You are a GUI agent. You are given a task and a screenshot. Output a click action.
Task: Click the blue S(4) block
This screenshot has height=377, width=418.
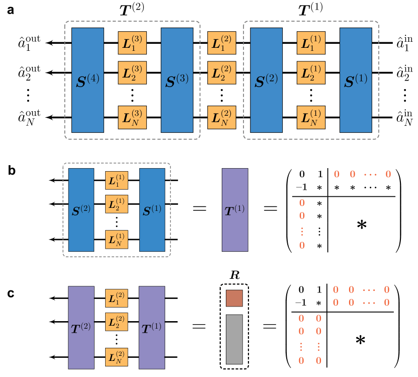(x=88, y=80)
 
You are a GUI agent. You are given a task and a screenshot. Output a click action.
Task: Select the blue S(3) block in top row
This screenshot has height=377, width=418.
(x=177, y=80)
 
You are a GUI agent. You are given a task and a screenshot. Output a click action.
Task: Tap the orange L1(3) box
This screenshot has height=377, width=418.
(x=132, y=43)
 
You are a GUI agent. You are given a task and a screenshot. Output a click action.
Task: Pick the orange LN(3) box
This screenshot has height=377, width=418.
(x=132, y=117)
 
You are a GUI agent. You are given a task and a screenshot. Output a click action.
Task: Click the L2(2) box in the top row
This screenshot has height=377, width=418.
(x=222, y=72)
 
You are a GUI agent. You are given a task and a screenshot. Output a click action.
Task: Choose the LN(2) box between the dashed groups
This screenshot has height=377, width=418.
(x=222, y=117)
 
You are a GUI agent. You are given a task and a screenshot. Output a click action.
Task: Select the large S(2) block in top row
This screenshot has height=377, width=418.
(x=266, y=80)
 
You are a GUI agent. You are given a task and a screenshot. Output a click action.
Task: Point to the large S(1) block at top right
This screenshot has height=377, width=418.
(x=356, y=80)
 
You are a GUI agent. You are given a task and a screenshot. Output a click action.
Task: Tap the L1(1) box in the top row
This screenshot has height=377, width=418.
(x=311, y=43)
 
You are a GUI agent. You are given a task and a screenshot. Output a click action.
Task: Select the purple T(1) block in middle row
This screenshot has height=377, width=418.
(x=235, y=210)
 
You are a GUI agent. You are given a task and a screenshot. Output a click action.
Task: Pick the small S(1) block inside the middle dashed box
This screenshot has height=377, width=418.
(x=152, y=210)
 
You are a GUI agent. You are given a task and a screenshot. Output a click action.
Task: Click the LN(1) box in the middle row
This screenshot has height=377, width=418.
(x=116, y=240)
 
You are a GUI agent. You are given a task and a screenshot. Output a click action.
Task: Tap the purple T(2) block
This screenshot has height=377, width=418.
(x=81, y=328)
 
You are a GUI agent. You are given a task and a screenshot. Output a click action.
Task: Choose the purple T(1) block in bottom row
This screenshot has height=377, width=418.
(x=152, y=328)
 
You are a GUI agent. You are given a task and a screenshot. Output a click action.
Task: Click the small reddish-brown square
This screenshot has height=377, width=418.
(x=234, y=298)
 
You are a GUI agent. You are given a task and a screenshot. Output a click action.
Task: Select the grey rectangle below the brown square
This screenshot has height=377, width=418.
(x=234, y=339)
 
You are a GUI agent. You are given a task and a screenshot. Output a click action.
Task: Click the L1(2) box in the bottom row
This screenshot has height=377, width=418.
(x=116, y=298)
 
